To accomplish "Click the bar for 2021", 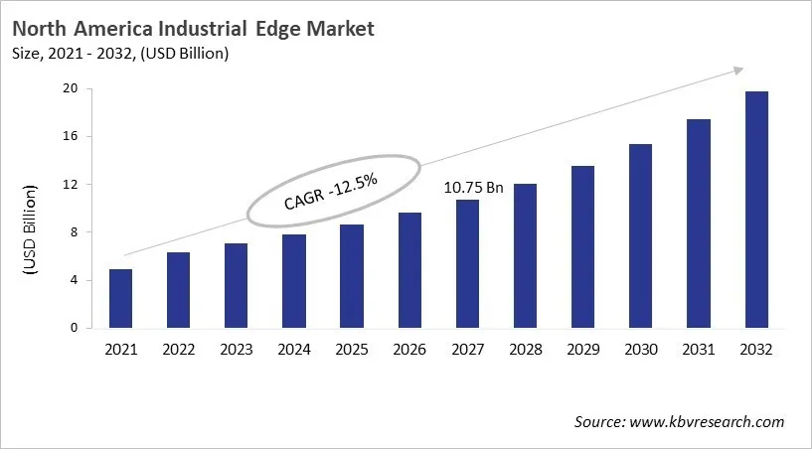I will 120,298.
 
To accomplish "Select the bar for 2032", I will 755,210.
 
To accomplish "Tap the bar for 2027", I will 467,263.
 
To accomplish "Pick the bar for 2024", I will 294,281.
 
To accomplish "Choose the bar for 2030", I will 640,236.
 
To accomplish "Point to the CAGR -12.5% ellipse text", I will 330,189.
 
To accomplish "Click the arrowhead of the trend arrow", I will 737,70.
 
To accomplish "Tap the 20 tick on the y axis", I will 71,88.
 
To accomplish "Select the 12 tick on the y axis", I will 71,185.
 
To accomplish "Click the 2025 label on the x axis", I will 352,350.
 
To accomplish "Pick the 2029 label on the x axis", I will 582,350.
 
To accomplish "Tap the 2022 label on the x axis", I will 178,350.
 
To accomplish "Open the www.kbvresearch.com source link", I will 706,422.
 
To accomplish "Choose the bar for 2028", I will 525,255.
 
